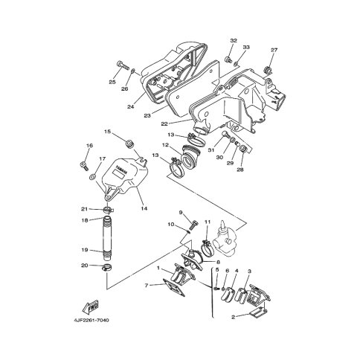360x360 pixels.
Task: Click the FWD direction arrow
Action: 91,307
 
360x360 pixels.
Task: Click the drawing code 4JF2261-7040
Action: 91,320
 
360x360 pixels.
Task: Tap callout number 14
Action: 144,208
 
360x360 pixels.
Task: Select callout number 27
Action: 274,50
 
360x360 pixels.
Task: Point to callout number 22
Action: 164,123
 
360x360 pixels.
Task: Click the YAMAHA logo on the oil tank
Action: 120,170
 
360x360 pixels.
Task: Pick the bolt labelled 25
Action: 123,65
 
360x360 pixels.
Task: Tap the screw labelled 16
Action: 84,165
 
